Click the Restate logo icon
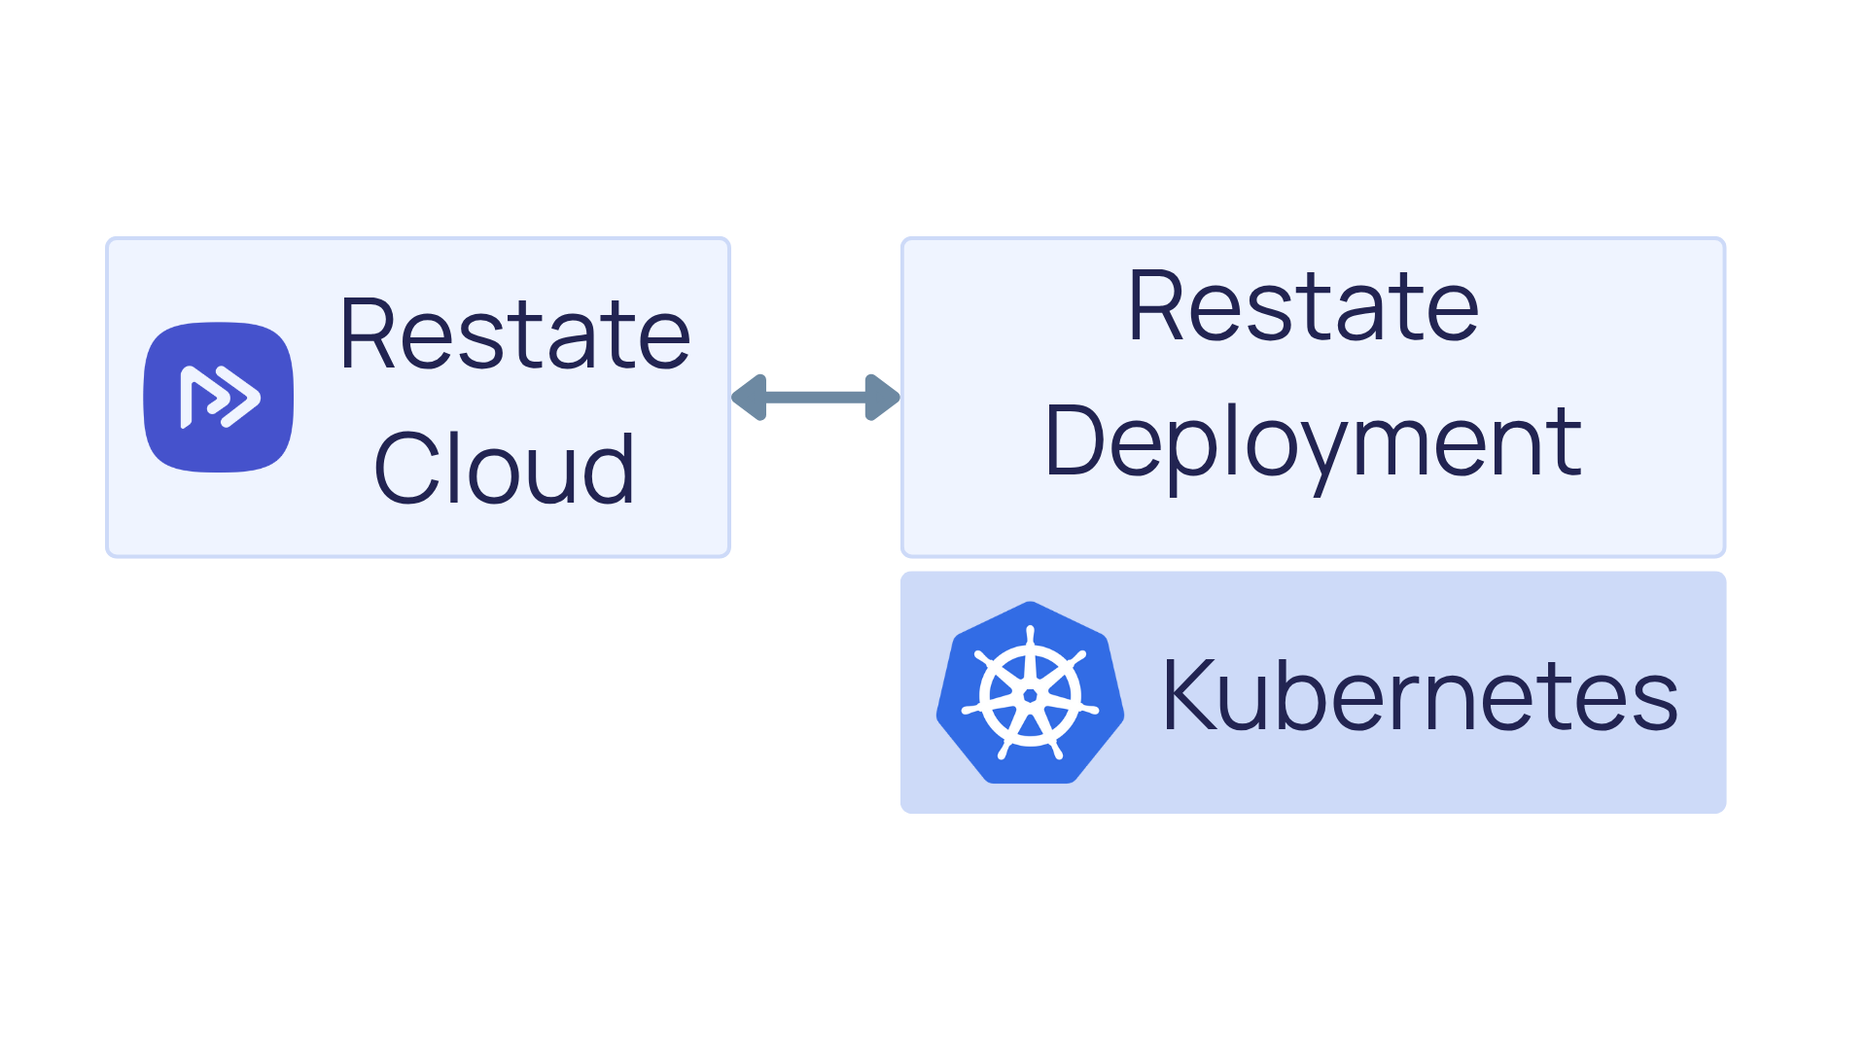pyautogui.click(x=218, y=397)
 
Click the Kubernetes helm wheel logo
pyautogui.click(x=1030, y=694)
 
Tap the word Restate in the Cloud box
pyautogui.click(x=514, y=334)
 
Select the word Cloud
pyautogui.click(x=504, y=469)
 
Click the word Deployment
pyautogui.click(x=1312, y=442)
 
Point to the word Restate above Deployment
pyautogui.click(x=1303, y=307)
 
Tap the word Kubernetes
pyautogui.click(x=1420, y=694)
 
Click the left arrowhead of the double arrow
pyautogui.click(x=751, y=397)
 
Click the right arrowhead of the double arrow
pyautogui.click(x=881, y=397)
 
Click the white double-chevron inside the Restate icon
pyautogui.click(x=221, y=397)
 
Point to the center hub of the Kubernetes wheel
pyautogui.click(x=1030, y=695)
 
